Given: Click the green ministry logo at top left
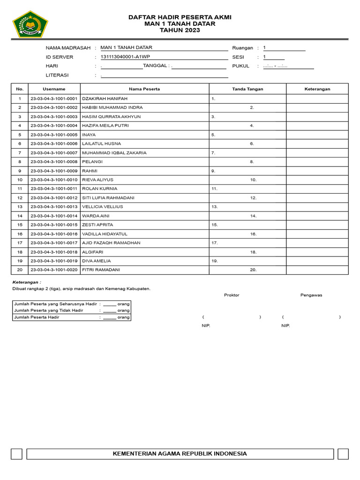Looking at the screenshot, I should [x=30, y=24].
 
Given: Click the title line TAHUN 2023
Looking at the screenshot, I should [x=180, y=30].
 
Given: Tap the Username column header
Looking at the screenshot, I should [x=54, y=89].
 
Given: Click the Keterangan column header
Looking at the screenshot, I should [x=317, y=89].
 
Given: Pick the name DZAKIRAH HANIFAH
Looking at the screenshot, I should [x=105, y=99].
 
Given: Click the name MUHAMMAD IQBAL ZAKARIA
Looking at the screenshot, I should [x=114, y=153].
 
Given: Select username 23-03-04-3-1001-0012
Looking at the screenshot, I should [x=54, y=198].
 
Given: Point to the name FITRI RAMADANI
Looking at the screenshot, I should [x=101, y=270].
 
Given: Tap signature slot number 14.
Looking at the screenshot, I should [x=253, y=216].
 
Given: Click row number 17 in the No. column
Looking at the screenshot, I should [x=20, y=243].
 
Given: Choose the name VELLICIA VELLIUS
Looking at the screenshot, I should [x=102, y=207].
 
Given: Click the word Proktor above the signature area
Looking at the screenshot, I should [x=232, y=295].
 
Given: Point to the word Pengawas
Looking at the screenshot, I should [x=311, y=295].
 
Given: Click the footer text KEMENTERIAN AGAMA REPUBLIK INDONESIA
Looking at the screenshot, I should [x=180, y=454].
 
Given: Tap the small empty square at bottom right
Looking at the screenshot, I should [x=343, y=454].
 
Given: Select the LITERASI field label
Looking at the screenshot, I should [x=57, y=75].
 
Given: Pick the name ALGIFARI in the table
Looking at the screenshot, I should [x=92, y=252].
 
